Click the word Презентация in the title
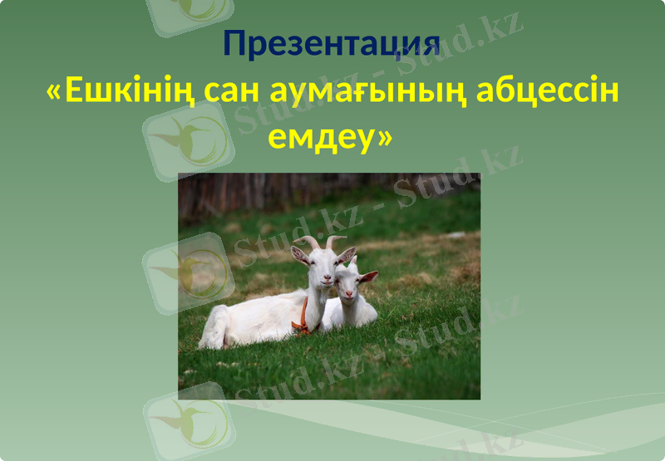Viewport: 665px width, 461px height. click(x=331, y=44)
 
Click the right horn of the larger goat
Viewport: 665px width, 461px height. click(x=334, y=241)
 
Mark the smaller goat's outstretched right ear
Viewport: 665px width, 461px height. click(x=368, y=276)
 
